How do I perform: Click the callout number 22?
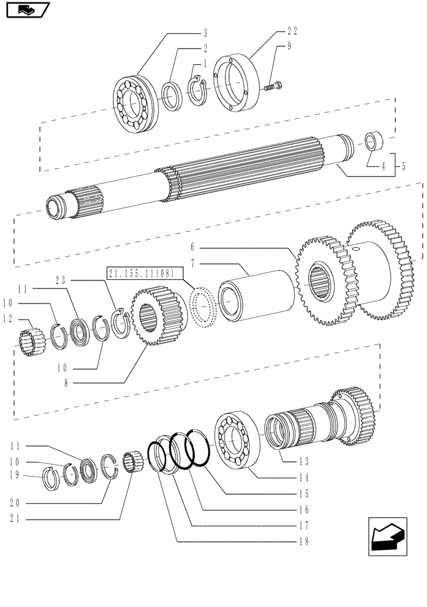pos(292,30)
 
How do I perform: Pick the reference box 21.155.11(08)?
pos(141,274)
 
